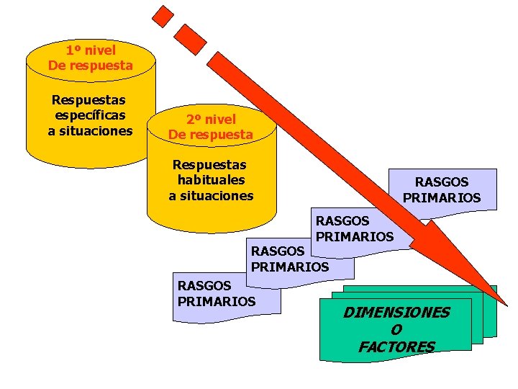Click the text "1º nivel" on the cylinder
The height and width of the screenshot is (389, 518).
tap(91, 50)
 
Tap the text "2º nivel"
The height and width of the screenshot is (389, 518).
tap(211, 120)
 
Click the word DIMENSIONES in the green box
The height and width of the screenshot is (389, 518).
tap(396, 313)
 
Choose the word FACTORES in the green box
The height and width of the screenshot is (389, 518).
tap(396, 347)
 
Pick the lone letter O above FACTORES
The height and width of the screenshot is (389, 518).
tap(396, 330)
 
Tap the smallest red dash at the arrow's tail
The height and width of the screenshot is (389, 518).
tap(165, 15)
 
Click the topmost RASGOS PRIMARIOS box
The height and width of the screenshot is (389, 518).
tap(442, 189)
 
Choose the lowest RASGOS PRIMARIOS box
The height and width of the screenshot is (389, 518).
tap(216, 293)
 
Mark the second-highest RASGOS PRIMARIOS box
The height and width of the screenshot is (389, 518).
tap(355, 228)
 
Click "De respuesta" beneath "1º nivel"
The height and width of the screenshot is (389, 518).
tap(91, 66)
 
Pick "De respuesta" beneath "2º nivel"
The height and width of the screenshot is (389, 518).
tap(211, 135)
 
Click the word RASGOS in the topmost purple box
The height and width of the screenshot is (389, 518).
tap(442, 183)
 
